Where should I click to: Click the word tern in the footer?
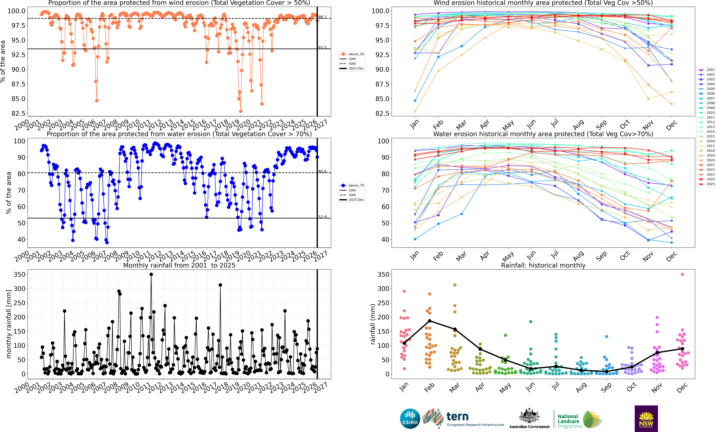click(x=457, y=417)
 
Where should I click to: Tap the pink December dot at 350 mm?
click(x=682, y=274)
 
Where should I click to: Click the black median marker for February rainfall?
click(x=429, y=321)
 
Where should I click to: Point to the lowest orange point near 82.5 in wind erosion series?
click(x=241, y=111)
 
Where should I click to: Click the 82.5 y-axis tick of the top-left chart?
click(x=18, y=113)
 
